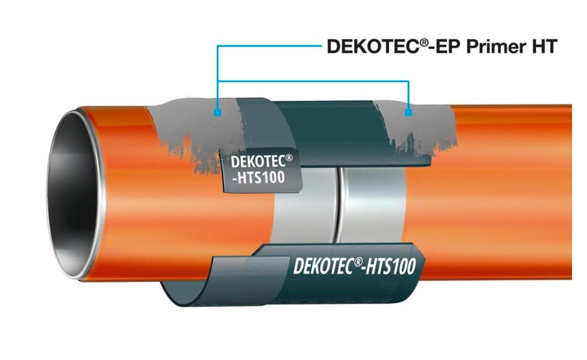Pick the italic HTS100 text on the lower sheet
(x=387, y=267)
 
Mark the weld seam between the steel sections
(x=338, y=202)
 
